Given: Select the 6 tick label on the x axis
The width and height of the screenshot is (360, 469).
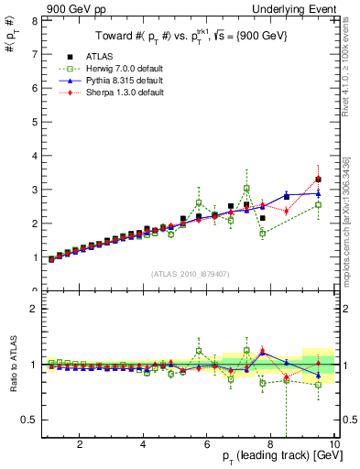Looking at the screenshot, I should [x=207, y=445].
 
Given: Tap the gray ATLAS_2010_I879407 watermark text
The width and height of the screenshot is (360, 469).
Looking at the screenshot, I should [x=190, y=274].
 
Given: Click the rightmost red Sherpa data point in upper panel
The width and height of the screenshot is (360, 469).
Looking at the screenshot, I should [x=318, y=179].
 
